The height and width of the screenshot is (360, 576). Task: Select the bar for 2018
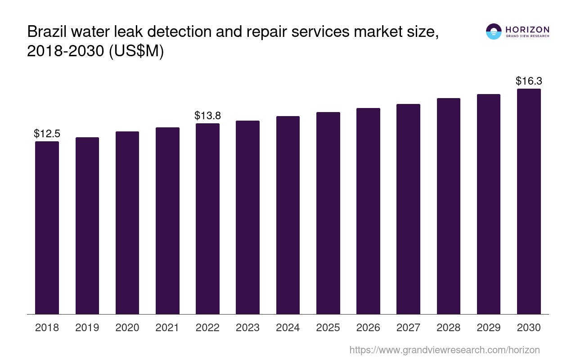tap(47, 228)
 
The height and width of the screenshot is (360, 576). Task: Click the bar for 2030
tap(529, 201)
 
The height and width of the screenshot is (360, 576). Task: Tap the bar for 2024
tap(288, 215)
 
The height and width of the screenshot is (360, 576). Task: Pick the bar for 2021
tap(167, 220)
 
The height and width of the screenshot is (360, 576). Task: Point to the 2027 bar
tap(408, 209)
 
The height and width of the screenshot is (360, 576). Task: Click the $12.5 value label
tap(47, 134)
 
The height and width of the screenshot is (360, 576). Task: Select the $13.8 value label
tap(207, 116)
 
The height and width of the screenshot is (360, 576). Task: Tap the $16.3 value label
tap(529, 81)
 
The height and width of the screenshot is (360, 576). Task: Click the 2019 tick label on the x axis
tap(87, 328)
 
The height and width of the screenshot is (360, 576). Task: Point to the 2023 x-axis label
tap(247, 328)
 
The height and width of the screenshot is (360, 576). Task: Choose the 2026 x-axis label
tap(368, 328)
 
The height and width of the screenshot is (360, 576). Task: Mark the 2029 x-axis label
tap(489, 328)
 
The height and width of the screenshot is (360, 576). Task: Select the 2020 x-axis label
tap(127, 328)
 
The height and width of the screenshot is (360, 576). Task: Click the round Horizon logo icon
tap(494, 31)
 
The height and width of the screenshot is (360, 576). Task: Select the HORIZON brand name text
tap(527, 29)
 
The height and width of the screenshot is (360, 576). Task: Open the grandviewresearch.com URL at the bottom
tap(444, 350)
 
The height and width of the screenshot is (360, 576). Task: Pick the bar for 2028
tap(448, 206)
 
